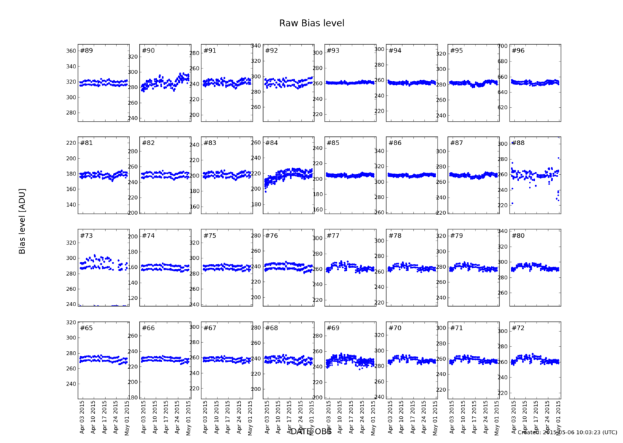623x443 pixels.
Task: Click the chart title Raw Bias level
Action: pyautogui.click(x=311, y=23)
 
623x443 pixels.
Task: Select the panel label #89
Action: pyautogui.click(x=87, y=50)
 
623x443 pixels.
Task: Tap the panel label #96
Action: pyautogui.click(x=518, y=50)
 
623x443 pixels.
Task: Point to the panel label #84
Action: pyautogui.click(x=271, y=143)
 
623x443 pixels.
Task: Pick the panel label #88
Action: pyautogui.click(x=518, y=143)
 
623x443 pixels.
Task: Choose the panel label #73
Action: pyautogui.click(x=87, y=236)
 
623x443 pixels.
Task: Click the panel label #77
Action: pyautogui.click(x=333, y=236)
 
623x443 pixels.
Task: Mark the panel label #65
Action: pyautogui.click(x=87, y=328)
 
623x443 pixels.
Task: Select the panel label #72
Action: pyautogui.click(x=518, y=328)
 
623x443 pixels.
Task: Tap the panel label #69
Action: pyautogui.click(x=333, y=328)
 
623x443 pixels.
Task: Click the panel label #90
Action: pyautogui.click(x=148, y=50)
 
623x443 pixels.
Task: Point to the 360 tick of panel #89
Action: pyautogui.click(x=69, y=51)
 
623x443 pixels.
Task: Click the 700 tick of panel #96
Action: pyautogui.click(x=500, y=46)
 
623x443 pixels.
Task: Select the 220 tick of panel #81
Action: pyautogui.click(x=69, y=143)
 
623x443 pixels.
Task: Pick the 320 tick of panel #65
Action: pyautogui.click(x=69, y=323)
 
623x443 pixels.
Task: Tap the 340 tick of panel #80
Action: pyautogui.click(x=500, y=231)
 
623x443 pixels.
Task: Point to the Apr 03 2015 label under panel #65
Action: pyautogui.click(x=83, y=420)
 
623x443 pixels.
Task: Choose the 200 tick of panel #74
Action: pyautogui.click(x=131, y=236)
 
